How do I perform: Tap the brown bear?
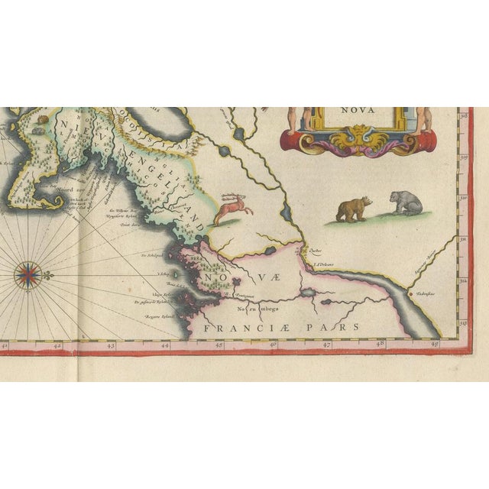(x=354, y=209)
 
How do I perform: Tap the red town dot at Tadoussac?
(x=410, y=293)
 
